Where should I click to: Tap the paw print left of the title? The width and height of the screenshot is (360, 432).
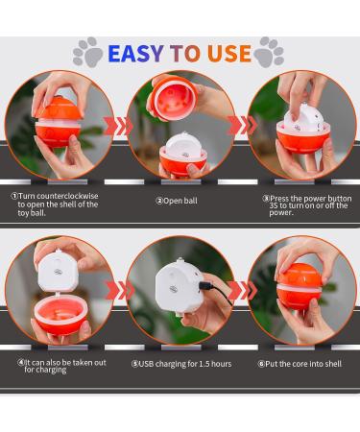click(87, 52)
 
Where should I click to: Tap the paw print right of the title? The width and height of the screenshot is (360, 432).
click(271, 51)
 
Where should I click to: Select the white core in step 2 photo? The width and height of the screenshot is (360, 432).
click(180, 153)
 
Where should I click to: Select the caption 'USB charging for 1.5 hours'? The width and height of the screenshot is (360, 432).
click(180, 364)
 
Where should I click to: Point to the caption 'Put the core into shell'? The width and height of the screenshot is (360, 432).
click(300, 364)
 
